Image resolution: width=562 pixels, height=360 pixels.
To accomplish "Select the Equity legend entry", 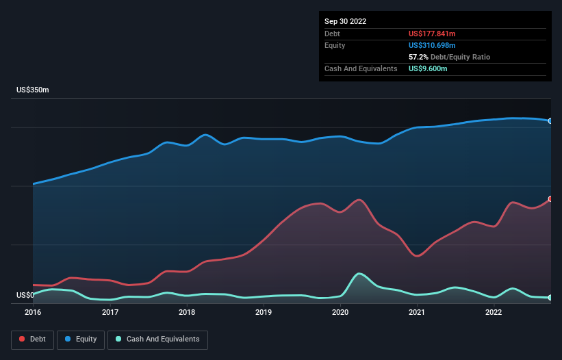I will tap(81, 339).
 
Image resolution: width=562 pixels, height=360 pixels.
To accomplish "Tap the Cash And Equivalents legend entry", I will tap(157, 339).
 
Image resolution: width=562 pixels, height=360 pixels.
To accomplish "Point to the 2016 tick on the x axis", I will tap(33, 313).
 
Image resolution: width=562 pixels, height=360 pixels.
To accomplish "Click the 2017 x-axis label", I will tap(110, 313).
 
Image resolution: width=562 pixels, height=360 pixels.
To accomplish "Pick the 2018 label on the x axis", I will tap(187, 313).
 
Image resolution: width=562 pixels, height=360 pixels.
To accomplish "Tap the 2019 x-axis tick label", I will tap(264, 313).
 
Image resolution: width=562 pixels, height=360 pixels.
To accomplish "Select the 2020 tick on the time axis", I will tap(340, 313).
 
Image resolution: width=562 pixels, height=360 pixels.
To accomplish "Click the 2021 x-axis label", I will tap(417, 313).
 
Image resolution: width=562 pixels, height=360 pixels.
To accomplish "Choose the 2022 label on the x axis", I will tap(494, 313).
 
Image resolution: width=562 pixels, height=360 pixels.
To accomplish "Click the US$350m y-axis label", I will tap(33, 90).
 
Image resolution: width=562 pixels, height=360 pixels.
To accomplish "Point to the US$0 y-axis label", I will tap(25, 296).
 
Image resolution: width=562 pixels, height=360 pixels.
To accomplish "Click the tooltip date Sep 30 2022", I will tap(345, 21).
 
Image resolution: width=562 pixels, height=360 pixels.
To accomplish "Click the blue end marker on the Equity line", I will tap(550, 121).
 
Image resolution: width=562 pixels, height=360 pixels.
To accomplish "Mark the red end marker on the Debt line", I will tap(550, 199).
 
